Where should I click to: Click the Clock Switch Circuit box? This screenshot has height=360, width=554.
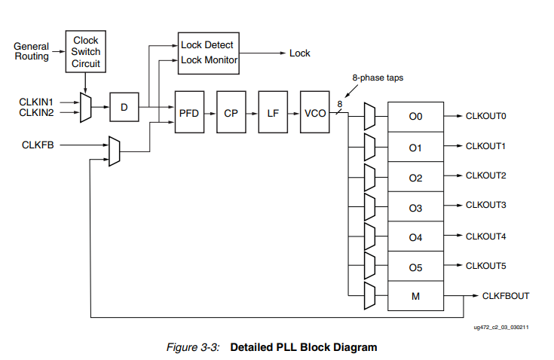(x=85, y=52)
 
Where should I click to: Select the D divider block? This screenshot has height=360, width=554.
(x=124, y=108)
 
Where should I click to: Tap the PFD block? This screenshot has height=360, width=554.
(x=188, y=112)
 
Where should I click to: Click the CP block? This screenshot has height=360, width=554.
(x=231, y=112)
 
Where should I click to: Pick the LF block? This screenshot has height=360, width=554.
(x=272, y=112)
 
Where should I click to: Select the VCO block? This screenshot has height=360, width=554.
(x=314, y=112)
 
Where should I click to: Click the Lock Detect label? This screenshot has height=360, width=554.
(x=207, y=45)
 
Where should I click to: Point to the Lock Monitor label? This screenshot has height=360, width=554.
(x=210, y=60)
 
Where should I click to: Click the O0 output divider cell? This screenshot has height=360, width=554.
(x=415, y=117)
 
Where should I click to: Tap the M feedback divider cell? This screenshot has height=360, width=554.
(x=415, y=296)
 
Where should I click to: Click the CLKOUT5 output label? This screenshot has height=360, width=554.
(x=485, y=265)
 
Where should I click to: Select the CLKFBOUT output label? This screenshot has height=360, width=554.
(x=505, y=296)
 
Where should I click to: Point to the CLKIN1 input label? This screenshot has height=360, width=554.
(x=36, y=101)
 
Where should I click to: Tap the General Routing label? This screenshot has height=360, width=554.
(x=32, y=52)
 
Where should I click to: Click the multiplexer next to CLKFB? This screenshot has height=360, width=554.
(x=114, y=151)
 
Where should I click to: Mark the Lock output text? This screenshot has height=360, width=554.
(x=300, y=53)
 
